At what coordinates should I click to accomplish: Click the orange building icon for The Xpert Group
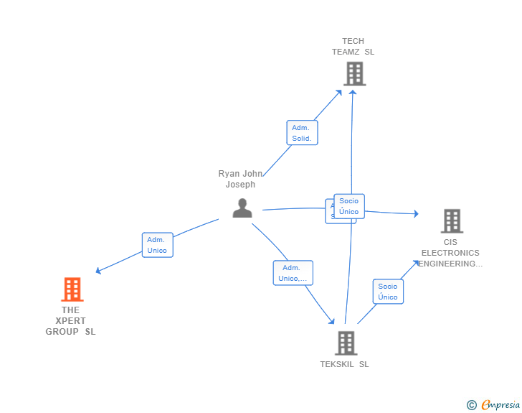pos(72,289)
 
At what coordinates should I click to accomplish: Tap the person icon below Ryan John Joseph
pos(242,208)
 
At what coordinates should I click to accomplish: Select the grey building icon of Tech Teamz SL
pos(354,73)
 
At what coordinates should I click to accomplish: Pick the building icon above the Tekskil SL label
pos(346,343)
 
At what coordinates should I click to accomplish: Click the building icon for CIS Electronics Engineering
pos(451,221)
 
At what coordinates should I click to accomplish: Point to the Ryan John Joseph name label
pos(240,179)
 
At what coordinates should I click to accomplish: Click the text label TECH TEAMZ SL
pos(353,47)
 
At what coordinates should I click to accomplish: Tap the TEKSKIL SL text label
pos(344,364)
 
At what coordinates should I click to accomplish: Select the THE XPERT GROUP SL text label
pos(70,321)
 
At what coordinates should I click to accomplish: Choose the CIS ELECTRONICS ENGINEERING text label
pos(450,253)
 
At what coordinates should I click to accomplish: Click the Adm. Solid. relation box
pos(301,133)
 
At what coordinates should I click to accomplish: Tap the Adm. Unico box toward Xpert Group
pos(157,245)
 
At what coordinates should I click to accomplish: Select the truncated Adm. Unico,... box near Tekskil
pos(293,273)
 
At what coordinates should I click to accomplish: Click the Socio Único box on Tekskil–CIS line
pos(388,292)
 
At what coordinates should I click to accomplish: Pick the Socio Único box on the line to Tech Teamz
pos(349,206)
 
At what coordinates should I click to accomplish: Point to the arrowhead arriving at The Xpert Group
pos(98,272)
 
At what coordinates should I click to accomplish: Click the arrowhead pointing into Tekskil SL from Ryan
pos(332,322)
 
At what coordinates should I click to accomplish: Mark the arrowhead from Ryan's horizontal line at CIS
pos(416,213)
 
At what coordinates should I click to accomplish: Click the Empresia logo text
pos(500,405)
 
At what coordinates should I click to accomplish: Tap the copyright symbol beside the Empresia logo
pos(472,405)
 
